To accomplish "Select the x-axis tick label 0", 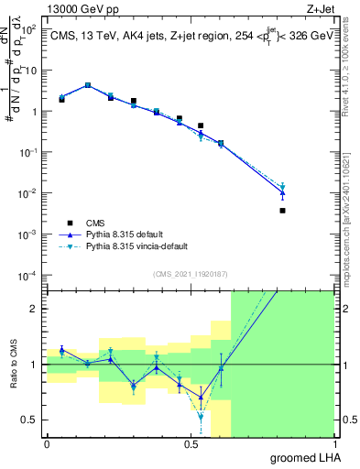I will click(47, 444).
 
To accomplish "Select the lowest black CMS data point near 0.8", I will click(282, 211).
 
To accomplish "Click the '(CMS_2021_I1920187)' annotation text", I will click(190, 274).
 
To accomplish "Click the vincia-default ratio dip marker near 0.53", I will click(201, 417).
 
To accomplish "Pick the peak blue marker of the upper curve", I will click(87, 85).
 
